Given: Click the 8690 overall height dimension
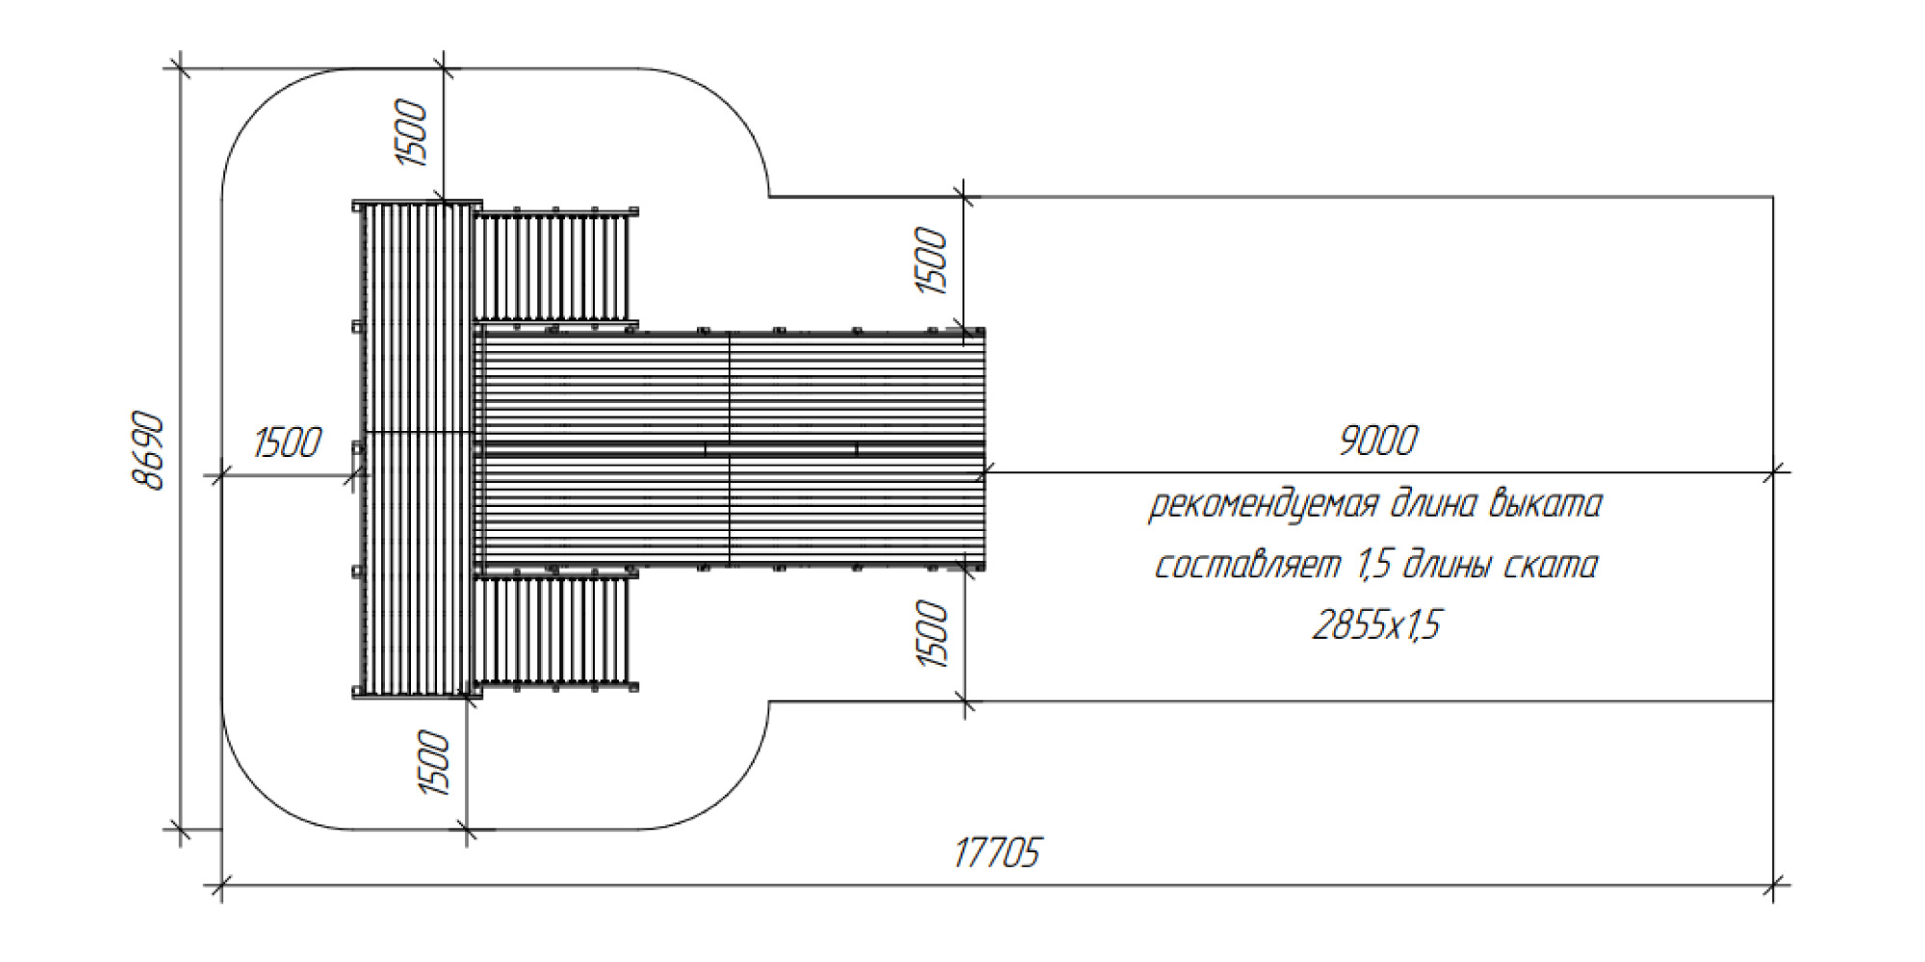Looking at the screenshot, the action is click(149, 451).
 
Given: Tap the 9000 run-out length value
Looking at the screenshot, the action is click(1378, 442).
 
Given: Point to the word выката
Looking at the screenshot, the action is click(1545, 503).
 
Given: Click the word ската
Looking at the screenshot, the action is click(1550, 565).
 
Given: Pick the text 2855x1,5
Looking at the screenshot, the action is click(1376, 625).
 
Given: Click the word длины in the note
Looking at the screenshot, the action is click(1449, 565).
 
